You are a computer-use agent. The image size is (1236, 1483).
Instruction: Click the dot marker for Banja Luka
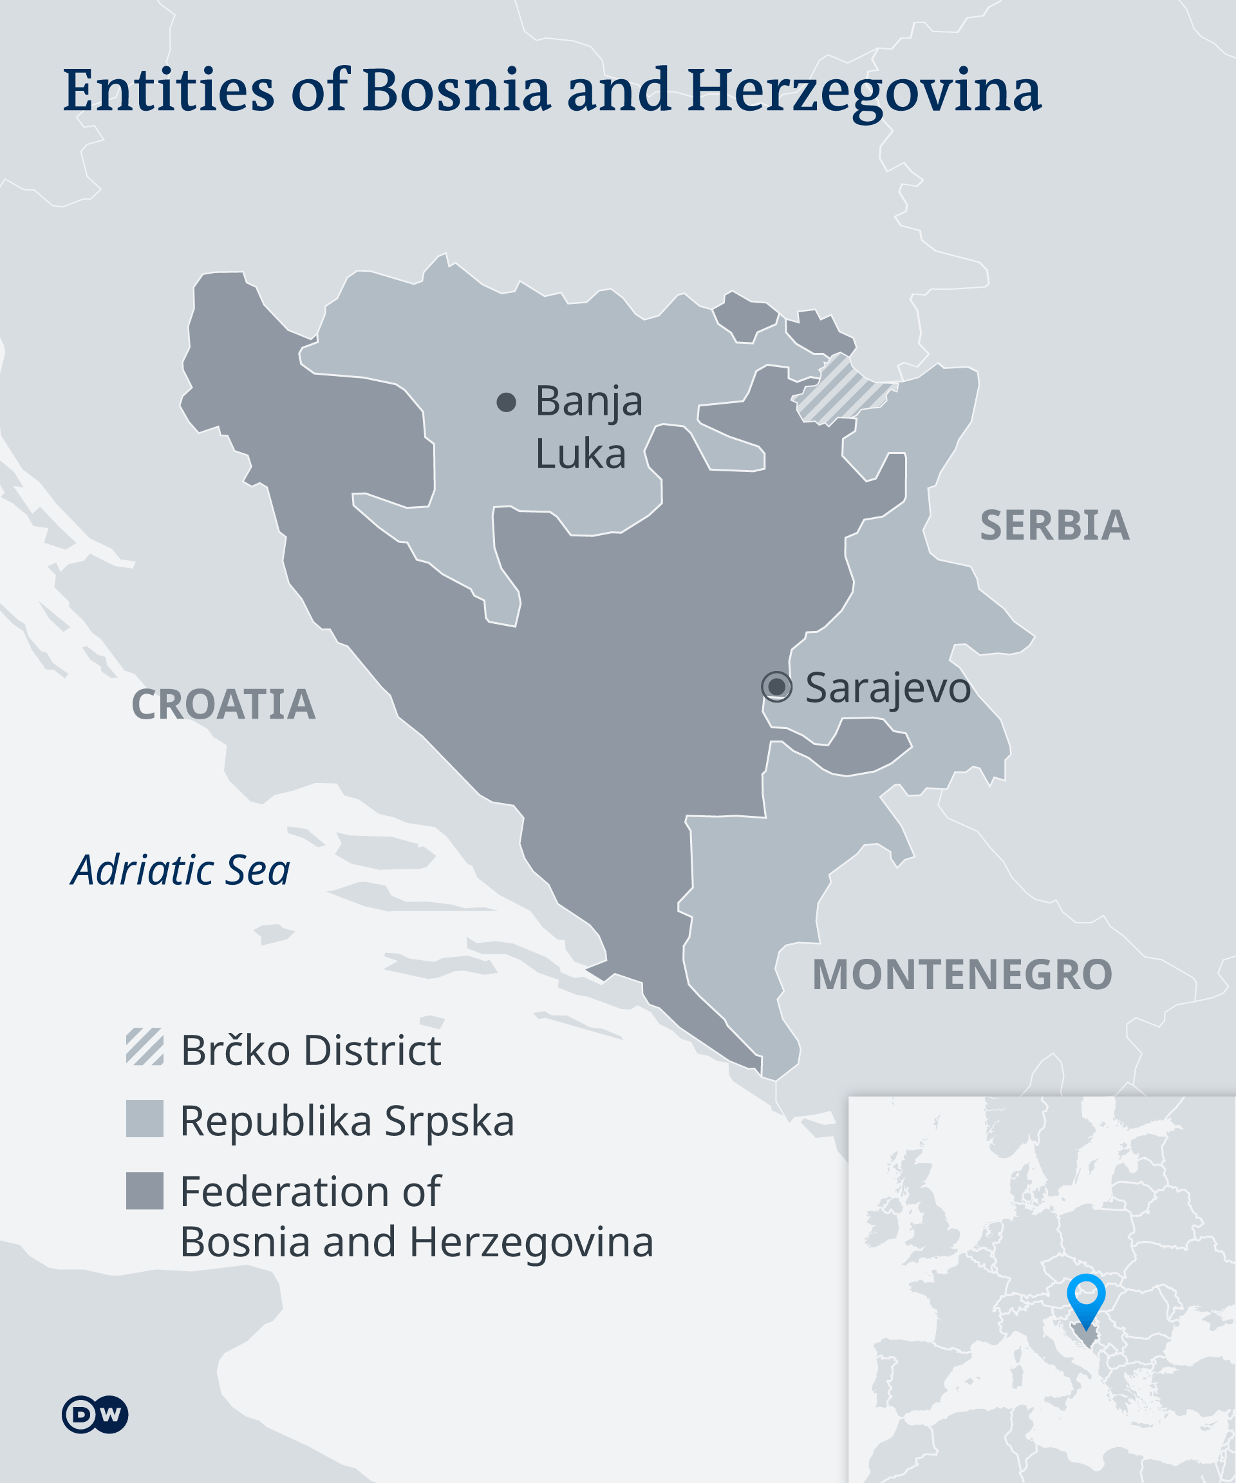tap(506, 402)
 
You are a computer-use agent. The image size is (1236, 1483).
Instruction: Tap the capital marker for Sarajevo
tap(776, 686)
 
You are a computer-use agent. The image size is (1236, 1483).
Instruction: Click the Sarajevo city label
tap(887, 688)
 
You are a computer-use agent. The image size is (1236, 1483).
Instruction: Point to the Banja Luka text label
tap(588, 426)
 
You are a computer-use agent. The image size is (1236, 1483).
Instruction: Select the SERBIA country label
tap(1054, 525)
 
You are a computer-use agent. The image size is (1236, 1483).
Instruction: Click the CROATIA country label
tap(223, 704)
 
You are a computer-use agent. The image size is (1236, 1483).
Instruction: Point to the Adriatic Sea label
tap(180, 870)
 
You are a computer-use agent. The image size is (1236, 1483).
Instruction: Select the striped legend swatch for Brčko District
tap(145, 1046)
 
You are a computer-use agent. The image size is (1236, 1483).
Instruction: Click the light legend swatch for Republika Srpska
tap(145, 1119)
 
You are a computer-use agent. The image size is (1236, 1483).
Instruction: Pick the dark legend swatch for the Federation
tap(145, 1191)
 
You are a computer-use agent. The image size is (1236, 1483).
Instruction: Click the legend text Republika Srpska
tap(347, 1120)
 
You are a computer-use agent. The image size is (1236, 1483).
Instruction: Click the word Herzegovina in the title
tap(864, 92)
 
